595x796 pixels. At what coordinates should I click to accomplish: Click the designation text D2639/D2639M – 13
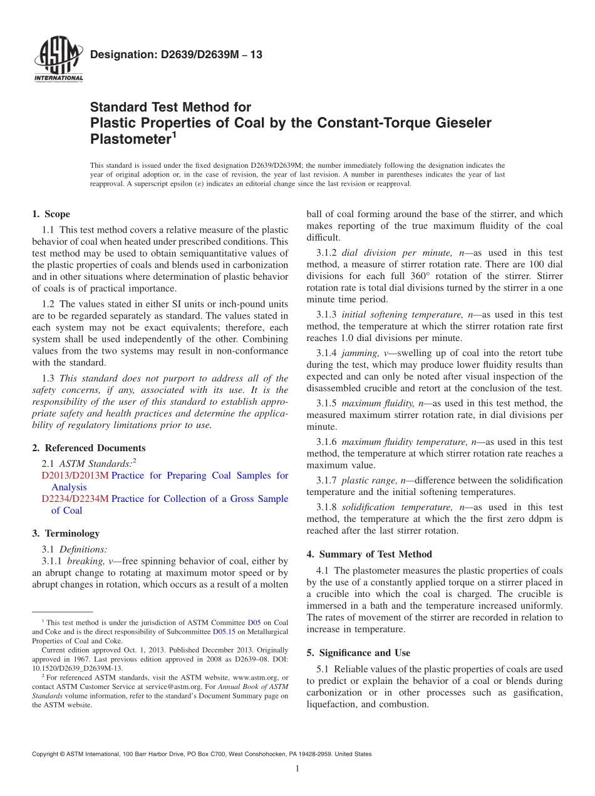(x=176, y=55)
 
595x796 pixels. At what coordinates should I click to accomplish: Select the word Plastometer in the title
(x=130, y=138)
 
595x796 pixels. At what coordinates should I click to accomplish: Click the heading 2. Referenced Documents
(x=89, y=448)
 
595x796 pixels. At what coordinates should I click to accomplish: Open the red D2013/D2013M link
(x=75, y=476)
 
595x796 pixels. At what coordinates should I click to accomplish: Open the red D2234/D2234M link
(x=75, y=499)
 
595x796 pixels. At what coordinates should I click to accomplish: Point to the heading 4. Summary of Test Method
(x=370, y=554)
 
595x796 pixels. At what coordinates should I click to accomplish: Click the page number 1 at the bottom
(x=297, y=768)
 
